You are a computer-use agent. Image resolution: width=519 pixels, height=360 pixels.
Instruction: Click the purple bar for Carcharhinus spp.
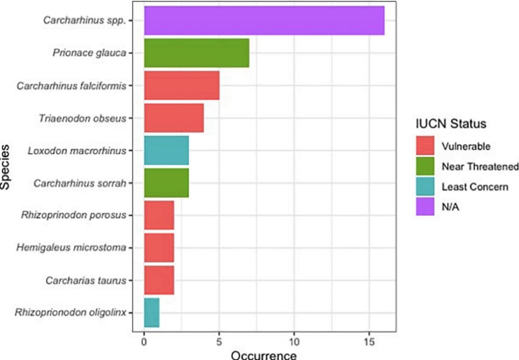[264, 21]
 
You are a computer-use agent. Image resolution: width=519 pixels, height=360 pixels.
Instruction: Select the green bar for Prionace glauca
[197, 53]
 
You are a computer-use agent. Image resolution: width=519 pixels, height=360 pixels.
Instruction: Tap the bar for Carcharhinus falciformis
[182, 86]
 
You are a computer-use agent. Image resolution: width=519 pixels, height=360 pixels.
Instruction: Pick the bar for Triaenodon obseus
[174, 118]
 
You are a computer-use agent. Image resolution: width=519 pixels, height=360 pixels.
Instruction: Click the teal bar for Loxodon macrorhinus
[167, 150]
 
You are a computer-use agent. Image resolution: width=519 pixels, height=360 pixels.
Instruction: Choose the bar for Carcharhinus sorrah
[167, 183]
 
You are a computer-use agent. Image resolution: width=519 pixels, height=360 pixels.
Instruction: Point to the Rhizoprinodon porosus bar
[159, 215]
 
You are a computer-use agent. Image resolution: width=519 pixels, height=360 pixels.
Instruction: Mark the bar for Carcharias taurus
[159, 280]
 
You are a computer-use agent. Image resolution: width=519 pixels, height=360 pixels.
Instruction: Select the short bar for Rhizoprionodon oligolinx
[152, 312]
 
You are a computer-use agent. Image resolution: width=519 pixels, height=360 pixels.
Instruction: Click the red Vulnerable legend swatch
[425, 146]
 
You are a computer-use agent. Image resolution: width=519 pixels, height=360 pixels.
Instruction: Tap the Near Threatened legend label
[480, 166]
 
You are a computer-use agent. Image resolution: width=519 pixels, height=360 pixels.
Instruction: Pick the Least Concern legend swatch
[425, 186]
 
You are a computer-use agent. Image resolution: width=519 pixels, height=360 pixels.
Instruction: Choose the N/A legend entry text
[450, 206]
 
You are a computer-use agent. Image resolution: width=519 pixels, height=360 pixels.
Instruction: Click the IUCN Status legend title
[450, 125]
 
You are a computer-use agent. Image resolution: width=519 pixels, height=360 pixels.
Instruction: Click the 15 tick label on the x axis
[369, 343]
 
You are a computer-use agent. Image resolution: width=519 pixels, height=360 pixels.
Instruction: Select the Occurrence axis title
[264, 355]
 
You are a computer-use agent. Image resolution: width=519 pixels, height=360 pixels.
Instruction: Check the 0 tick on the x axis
[144, 343]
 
